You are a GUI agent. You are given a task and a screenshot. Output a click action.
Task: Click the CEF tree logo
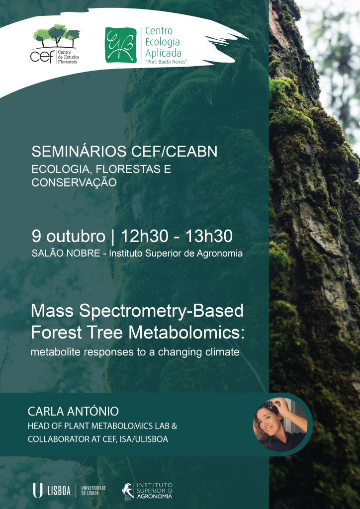tap(55, 44)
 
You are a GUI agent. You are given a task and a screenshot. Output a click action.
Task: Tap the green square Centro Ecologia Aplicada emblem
tap(121, 45)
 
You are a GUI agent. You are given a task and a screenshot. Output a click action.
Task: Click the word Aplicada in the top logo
tap(163, 53)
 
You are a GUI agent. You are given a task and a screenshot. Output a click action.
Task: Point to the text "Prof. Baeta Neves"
tap(166, 62)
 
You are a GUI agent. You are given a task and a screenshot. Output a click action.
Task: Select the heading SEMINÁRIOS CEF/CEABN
tap(124, 152)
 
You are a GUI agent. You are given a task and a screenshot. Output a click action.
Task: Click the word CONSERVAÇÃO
tap(74, 182)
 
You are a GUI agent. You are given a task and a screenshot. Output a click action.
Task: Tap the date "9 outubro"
tap(69, 236)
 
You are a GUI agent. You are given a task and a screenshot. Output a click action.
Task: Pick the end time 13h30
tap(209, 236)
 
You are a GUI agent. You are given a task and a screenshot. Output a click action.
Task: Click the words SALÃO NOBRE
tap(66, 254)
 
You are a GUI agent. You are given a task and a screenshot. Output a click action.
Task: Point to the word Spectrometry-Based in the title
tap(161, 311)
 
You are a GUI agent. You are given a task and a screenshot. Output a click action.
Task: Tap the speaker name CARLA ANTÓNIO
tap(74, 411)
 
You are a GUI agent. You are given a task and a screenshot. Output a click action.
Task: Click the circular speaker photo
tap(280, 424)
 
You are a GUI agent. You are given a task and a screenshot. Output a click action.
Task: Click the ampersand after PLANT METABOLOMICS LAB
tap(174, 426)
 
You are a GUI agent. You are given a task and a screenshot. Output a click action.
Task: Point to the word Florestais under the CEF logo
tap(68, 62)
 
